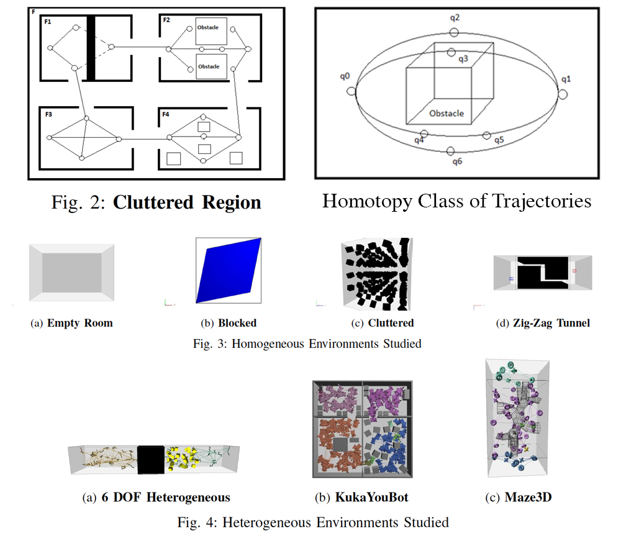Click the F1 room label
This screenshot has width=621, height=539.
(47, 22)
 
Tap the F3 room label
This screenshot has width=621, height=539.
(48, 115)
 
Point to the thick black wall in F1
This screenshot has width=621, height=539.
(91, 48)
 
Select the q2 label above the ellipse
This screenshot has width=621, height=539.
(455, 18)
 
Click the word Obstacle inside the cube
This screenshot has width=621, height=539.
(446, 114)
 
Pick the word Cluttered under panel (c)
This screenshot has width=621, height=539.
(391, 323)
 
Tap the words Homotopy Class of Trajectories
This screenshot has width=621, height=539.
(456, 201)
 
